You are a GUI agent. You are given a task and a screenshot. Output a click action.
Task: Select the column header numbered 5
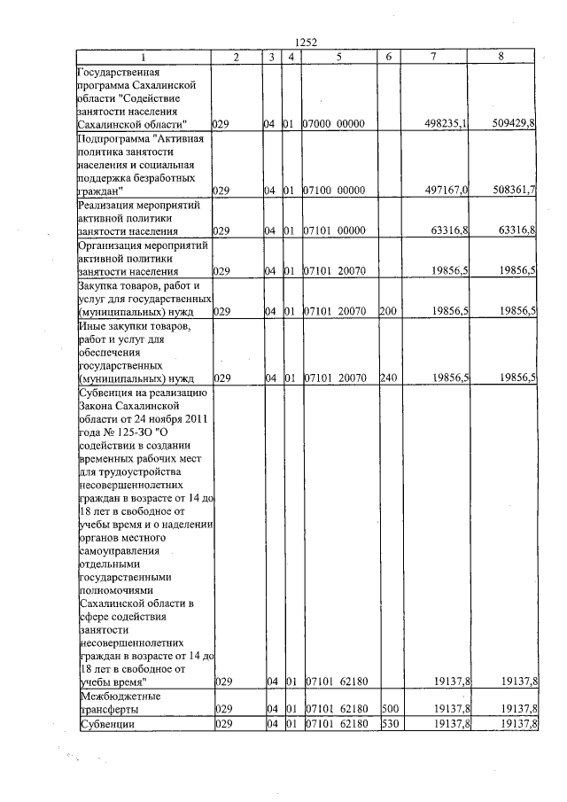point(338,57)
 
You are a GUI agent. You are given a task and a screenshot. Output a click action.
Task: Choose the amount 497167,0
point(447,191)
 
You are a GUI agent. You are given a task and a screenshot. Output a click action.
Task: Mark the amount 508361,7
point(514,191)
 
